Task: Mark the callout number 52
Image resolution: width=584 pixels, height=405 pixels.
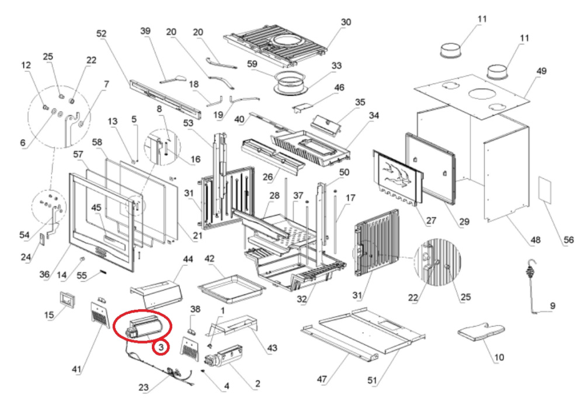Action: point(101,34)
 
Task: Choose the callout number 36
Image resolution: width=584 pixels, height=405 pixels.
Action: point(44,275)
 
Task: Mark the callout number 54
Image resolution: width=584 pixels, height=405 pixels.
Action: point(24,234)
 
